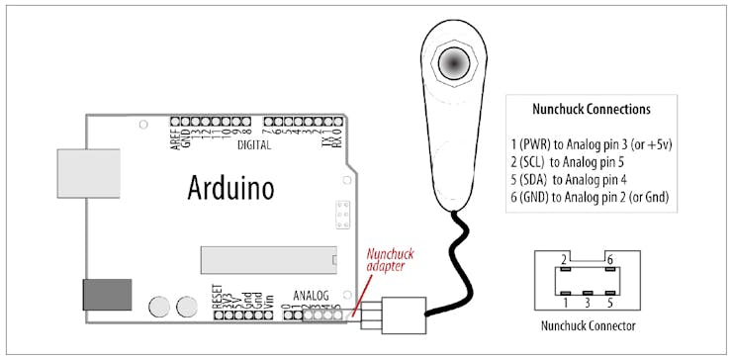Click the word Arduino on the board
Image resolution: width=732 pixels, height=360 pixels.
tap(230, 188)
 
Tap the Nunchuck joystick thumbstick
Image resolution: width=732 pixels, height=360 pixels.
tap(455, 62)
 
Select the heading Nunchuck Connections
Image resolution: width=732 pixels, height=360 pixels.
tap(592, 109)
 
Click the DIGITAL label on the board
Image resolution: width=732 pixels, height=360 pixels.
tap(254, 145)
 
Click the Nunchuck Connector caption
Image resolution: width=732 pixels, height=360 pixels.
tap(588, 325)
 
